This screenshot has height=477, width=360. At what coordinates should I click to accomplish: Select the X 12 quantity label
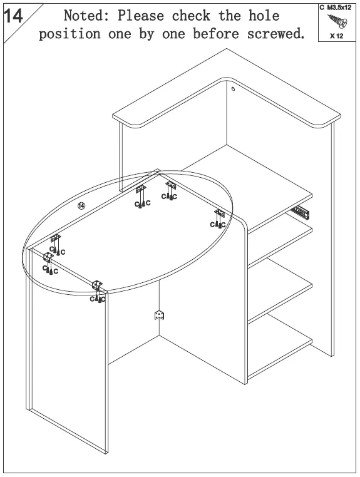[x=336, y=36]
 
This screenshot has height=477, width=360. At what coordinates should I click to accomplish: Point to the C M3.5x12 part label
[x=336, y=8]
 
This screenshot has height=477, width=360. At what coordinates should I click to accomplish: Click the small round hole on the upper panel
[x=233, y=90]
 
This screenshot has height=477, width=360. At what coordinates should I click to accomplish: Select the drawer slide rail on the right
[x=302, y=211]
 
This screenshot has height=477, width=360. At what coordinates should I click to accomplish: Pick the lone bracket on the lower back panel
[x=159, y=314]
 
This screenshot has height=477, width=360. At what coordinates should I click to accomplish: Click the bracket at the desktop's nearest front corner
[x=97, y=286]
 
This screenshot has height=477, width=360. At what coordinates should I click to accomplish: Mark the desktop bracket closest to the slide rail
[x=219, y=215]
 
